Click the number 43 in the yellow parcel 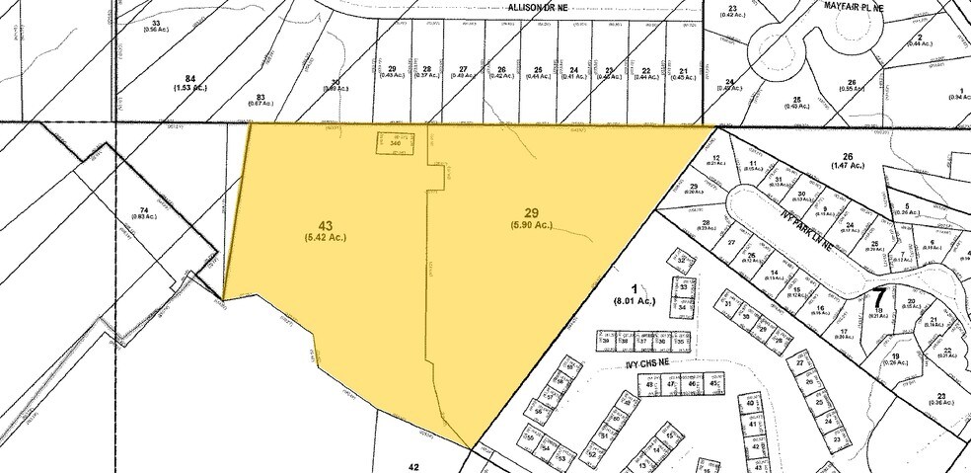coord(327,225)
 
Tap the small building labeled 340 coord(396,144)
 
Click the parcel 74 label coord(146,210)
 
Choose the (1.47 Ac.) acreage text coord(847,166)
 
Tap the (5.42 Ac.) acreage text coord(327,238)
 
